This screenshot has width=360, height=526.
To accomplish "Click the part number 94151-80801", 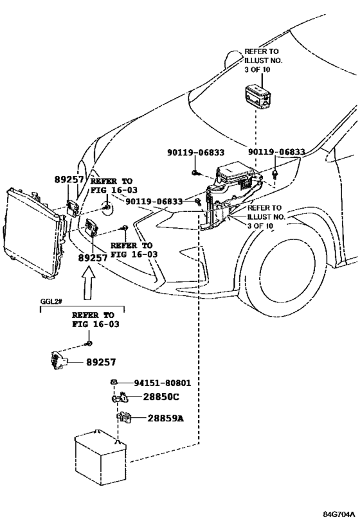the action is click(x=162, y=383).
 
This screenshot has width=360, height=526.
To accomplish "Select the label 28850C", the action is click(x=161, y=397).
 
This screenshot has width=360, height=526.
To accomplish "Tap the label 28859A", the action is click(x=166, y=418).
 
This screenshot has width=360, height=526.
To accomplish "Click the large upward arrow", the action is click(x=88, y=282).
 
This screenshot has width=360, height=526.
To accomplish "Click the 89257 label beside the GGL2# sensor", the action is click(x=101, y=362).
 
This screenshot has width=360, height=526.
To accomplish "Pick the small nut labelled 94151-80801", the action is click(x=114, y=381).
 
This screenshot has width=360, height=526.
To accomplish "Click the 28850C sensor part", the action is click(x=120, y=398).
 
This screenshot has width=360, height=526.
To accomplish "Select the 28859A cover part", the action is click(x=124, y=417).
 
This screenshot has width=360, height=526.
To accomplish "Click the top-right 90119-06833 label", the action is click(x=276, y=152).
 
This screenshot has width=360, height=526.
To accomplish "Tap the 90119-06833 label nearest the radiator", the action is click(x=154, y=202).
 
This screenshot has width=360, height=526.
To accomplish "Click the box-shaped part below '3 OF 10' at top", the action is click(x=256, y=96).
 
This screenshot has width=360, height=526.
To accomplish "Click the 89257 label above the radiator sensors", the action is click(x=69, y=180).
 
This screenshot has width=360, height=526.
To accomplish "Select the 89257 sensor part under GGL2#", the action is click(x=59, y=361).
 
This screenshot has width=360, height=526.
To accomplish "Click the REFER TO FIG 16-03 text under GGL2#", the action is click(x=95, y=320).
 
